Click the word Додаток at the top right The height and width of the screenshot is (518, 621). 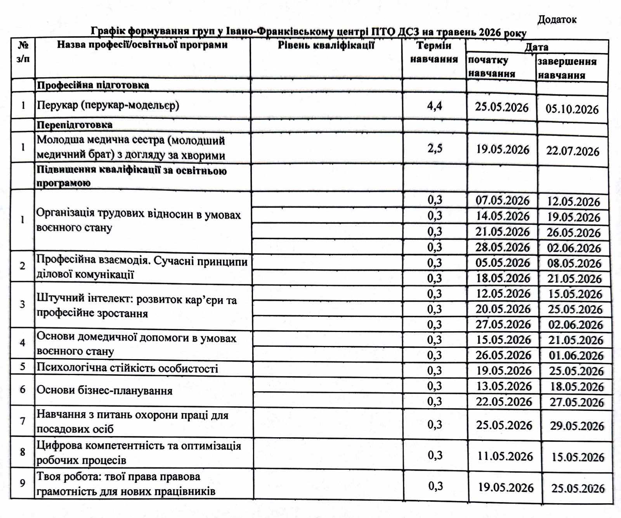click(x=557, y=19)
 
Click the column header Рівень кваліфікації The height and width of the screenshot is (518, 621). click(x=326, y=45)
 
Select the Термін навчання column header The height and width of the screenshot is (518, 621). click(x=434, y=52)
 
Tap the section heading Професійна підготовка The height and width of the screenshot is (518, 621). click(x=93, y=85)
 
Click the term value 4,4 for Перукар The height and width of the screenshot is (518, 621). click(x=434, y=106)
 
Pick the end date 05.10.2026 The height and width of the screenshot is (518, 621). click(x=572, y=109)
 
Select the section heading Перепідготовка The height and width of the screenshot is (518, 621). click(x=75, y=125)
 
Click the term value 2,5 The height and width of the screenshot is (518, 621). click(x=435, y=148)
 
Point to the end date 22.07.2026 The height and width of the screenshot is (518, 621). click(x=572, y=151)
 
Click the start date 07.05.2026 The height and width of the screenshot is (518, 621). click(x=502, y=201)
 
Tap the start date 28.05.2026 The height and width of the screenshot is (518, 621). click(x=502, y=247)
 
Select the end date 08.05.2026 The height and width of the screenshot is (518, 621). click(x=574, y=263)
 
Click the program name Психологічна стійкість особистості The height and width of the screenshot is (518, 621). click(x=127, y=368)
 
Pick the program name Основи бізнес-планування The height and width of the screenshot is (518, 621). click(x=104, y=390)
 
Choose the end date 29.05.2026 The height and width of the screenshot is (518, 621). click(x=577, y=426)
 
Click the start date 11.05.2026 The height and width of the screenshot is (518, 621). click(x=505, y=456)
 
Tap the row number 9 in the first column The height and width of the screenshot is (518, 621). click(x=23, y=483)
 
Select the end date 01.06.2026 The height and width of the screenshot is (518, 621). click(x=576, y=355)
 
